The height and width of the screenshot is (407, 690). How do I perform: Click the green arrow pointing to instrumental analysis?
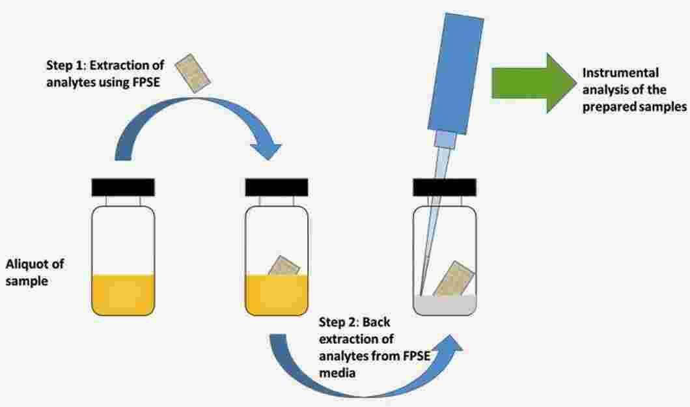(533, 83)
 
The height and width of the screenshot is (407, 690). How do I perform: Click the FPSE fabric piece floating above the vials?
(193, 73)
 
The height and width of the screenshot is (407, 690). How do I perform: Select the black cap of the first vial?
(123, 188)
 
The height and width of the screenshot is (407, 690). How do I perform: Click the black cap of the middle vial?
(277, 188)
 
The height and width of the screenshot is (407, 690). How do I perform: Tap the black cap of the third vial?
(445, 188)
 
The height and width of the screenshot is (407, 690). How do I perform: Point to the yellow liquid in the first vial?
(123, 294)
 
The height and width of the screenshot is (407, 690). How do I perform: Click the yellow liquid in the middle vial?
(277, 295)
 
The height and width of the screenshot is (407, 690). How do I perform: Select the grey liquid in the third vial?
(445, 305)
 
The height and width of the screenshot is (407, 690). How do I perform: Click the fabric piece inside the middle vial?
(284, 266)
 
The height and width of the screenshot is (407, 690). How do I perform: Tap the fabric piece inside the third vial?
(454, 279)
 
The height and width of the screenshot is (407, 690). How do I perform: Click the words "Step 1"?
(66, 66)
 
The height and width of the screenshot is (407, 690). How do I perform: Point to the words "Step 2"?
(339, 322)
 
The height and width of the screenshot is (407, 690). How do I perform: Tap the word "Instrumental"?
(620, 72)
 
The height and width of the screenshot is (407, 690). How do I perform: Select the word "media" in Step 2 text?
(337, 373)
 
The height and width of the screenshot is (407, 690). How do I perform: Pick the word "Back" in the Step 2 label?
(377, 322)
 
